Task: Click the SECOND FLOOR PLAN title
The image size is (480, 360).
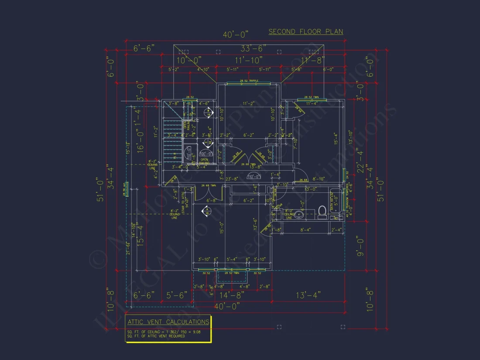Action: coord(305,32)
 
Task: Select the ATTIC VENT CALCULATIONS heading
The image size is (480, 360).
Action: coord(168,322)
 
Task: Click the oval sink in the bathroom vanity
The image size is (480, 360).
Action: coord(300,214)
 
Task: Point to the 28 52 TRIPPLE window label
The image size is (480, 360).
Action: coord(249,81)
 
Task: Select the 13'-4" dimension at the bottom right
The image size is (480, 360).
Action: coord(309,295)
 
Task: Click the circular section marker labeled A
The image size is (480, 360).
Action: coord(205,211)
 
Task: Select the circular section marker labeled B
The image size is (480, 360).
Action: coord(209,112)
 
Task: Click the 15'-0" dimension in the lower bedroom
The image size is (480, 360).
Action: coord(222,228)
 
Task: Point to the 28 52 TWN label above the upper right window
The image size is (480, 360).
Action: coord(311,97)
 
